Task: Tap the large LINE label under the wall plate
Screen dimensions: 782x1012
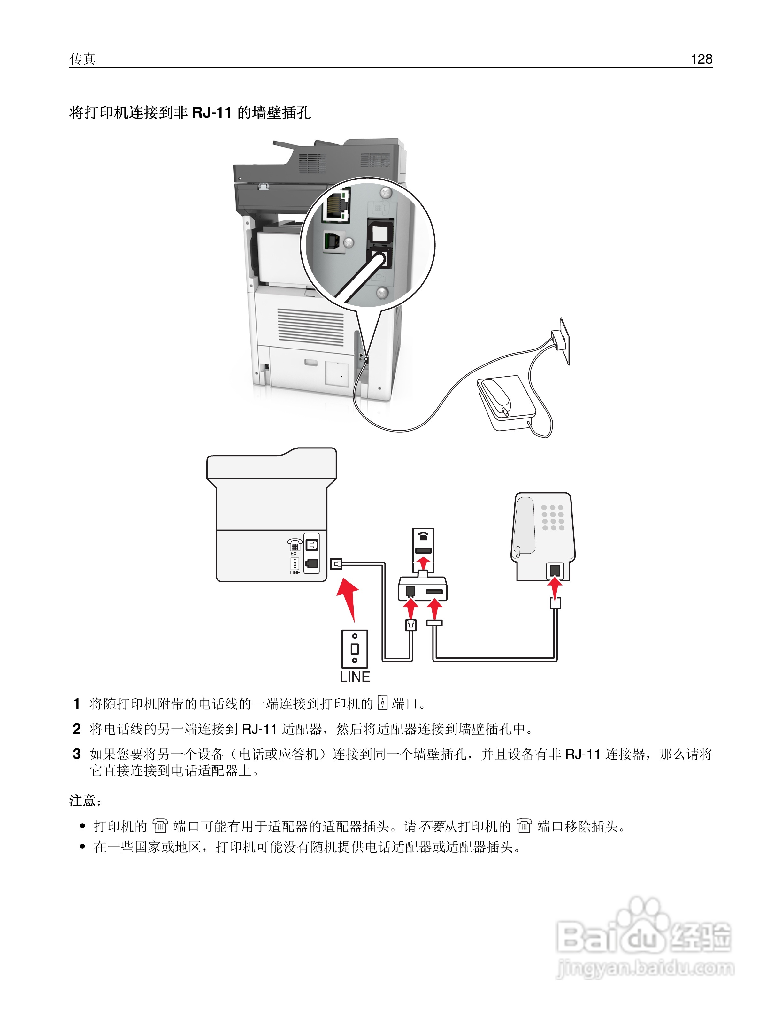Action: pos(355,677)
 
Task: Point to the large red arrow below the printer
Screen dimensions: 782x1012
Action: pos(349,600)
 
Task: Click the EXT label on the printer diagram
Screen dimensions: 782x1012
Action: pos(295,554)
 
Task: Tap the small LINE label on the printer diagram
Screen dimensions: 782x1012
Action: pos(295,573)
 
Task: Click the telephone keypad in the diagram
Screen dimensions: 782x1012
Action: pos(552,517)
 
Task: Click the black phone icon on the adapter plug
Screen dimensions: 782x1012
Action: pos(423,537)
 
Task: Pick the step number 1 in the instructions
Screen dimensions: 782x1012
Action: pos(77,703)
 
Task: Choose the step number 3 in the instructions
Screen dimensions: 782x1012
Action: pos(77,754)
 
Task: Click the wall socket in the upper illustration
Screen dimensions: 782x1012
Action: pos(562,341)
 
